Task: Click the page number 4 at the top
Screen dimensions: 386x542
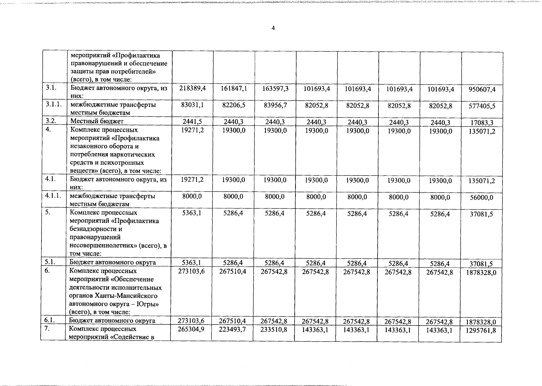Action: [x=273, y=28]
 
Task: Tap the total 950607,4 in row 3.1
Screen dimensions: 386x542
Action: [x=482, y=89]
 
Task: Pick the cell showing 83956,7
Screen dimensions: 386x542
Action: [x=275, y=105]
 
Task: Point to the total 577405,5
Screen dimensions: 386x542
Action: [x=482, y=106]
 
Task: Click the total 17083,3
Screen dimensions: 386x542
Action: [x=482, y=123]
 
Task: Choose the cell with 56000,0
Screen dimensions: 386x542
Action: [x=482, y=198]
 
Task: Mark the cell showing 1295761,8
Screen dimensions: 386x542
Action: [x=481, y=330]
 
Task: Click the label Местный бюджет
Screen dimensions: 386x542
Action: [x=97, y=121]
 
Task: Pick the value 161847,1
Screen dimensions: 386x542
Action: [x=234, y=88]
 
